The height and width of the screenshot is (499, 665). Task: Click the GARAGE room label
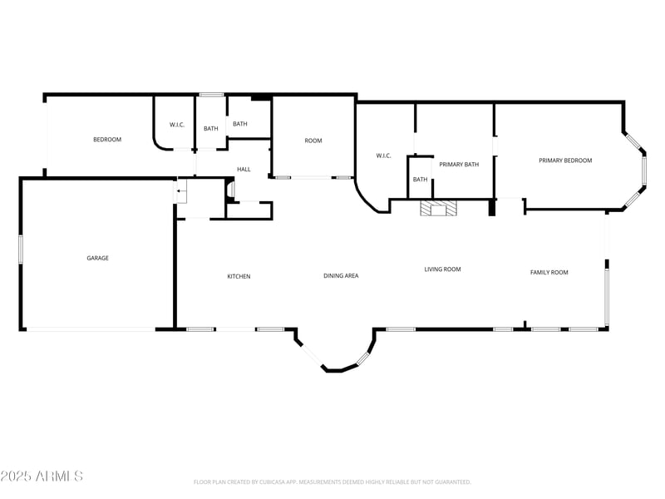tap(97, 258)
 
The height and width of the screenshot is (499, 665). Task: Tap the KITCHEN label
tap(239, 276)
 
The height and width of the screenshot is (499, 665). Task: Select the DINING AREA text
tap(341, 275)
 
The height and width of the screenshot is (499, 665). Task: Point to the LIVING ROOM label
tap(442, 269)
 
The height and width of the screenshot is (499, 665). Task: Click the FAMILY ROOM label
tap(549, 272)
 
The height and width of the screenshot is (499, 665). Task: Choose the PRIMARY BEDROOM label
tap(565, 161)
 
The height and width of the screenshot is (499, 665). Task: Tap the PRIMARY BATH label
tap(459, 165)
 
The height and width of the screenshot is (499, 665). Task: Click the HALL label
tap(244, 170)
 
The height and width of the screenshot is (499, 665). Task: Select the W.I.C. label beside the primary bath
tap(383, 156)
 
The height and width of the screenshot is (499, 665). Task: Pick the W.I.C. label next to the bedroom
tap(177, 126)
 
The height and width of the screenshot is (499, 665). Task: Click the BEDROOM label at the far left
tap(106, 140)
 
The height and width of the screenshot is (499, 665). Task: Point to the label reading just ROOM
tap(313, 141)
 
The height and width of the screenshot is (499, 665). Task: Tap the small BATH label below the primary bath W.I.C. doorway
tap(420, 180)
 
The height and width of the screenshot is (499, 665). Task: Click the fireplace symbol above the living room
tap(437, 209)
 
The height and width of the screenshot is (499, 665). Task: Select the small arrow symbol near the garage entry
tap(179, 191)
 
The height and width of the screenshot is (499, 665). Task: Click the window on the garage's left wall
tap(21, 249)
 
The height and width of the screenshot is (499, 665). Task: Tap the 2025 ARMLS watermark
tap(42, 477)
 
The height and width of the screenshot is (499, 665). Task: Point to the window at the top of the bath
tap(211, 95)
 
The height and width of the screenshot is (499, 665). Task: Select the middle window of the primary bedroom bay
tap(643, 170)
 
